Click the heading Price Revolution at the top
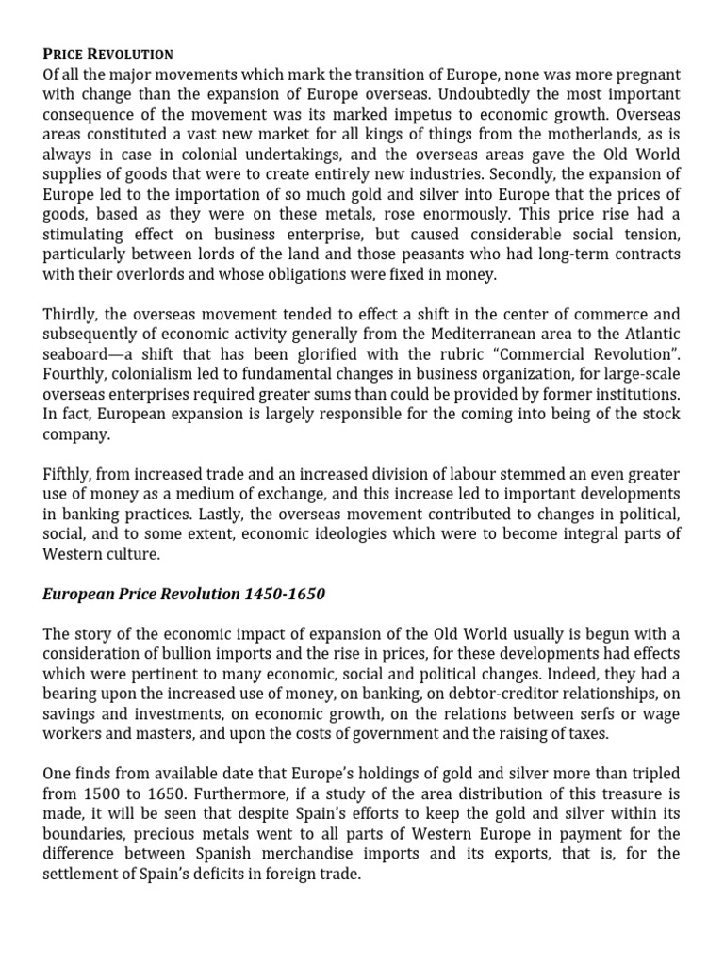(x=109, y=54)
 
